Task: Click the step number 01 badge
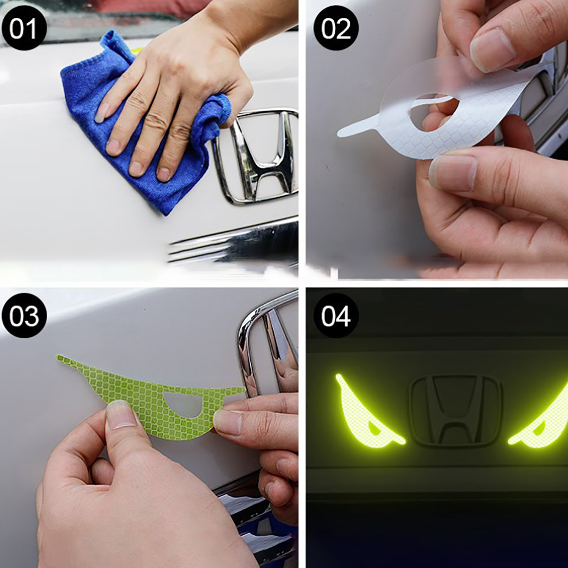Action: click(24, 28)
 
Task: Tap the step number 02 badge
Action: click(336, 28)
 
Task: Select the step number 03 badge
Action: click(24, 316)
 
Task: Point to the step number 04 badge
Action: click(336, 316)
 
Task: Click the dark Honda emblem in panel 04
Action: click(457, 410)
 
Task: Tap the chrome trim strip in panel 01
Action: click(234, 245)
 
